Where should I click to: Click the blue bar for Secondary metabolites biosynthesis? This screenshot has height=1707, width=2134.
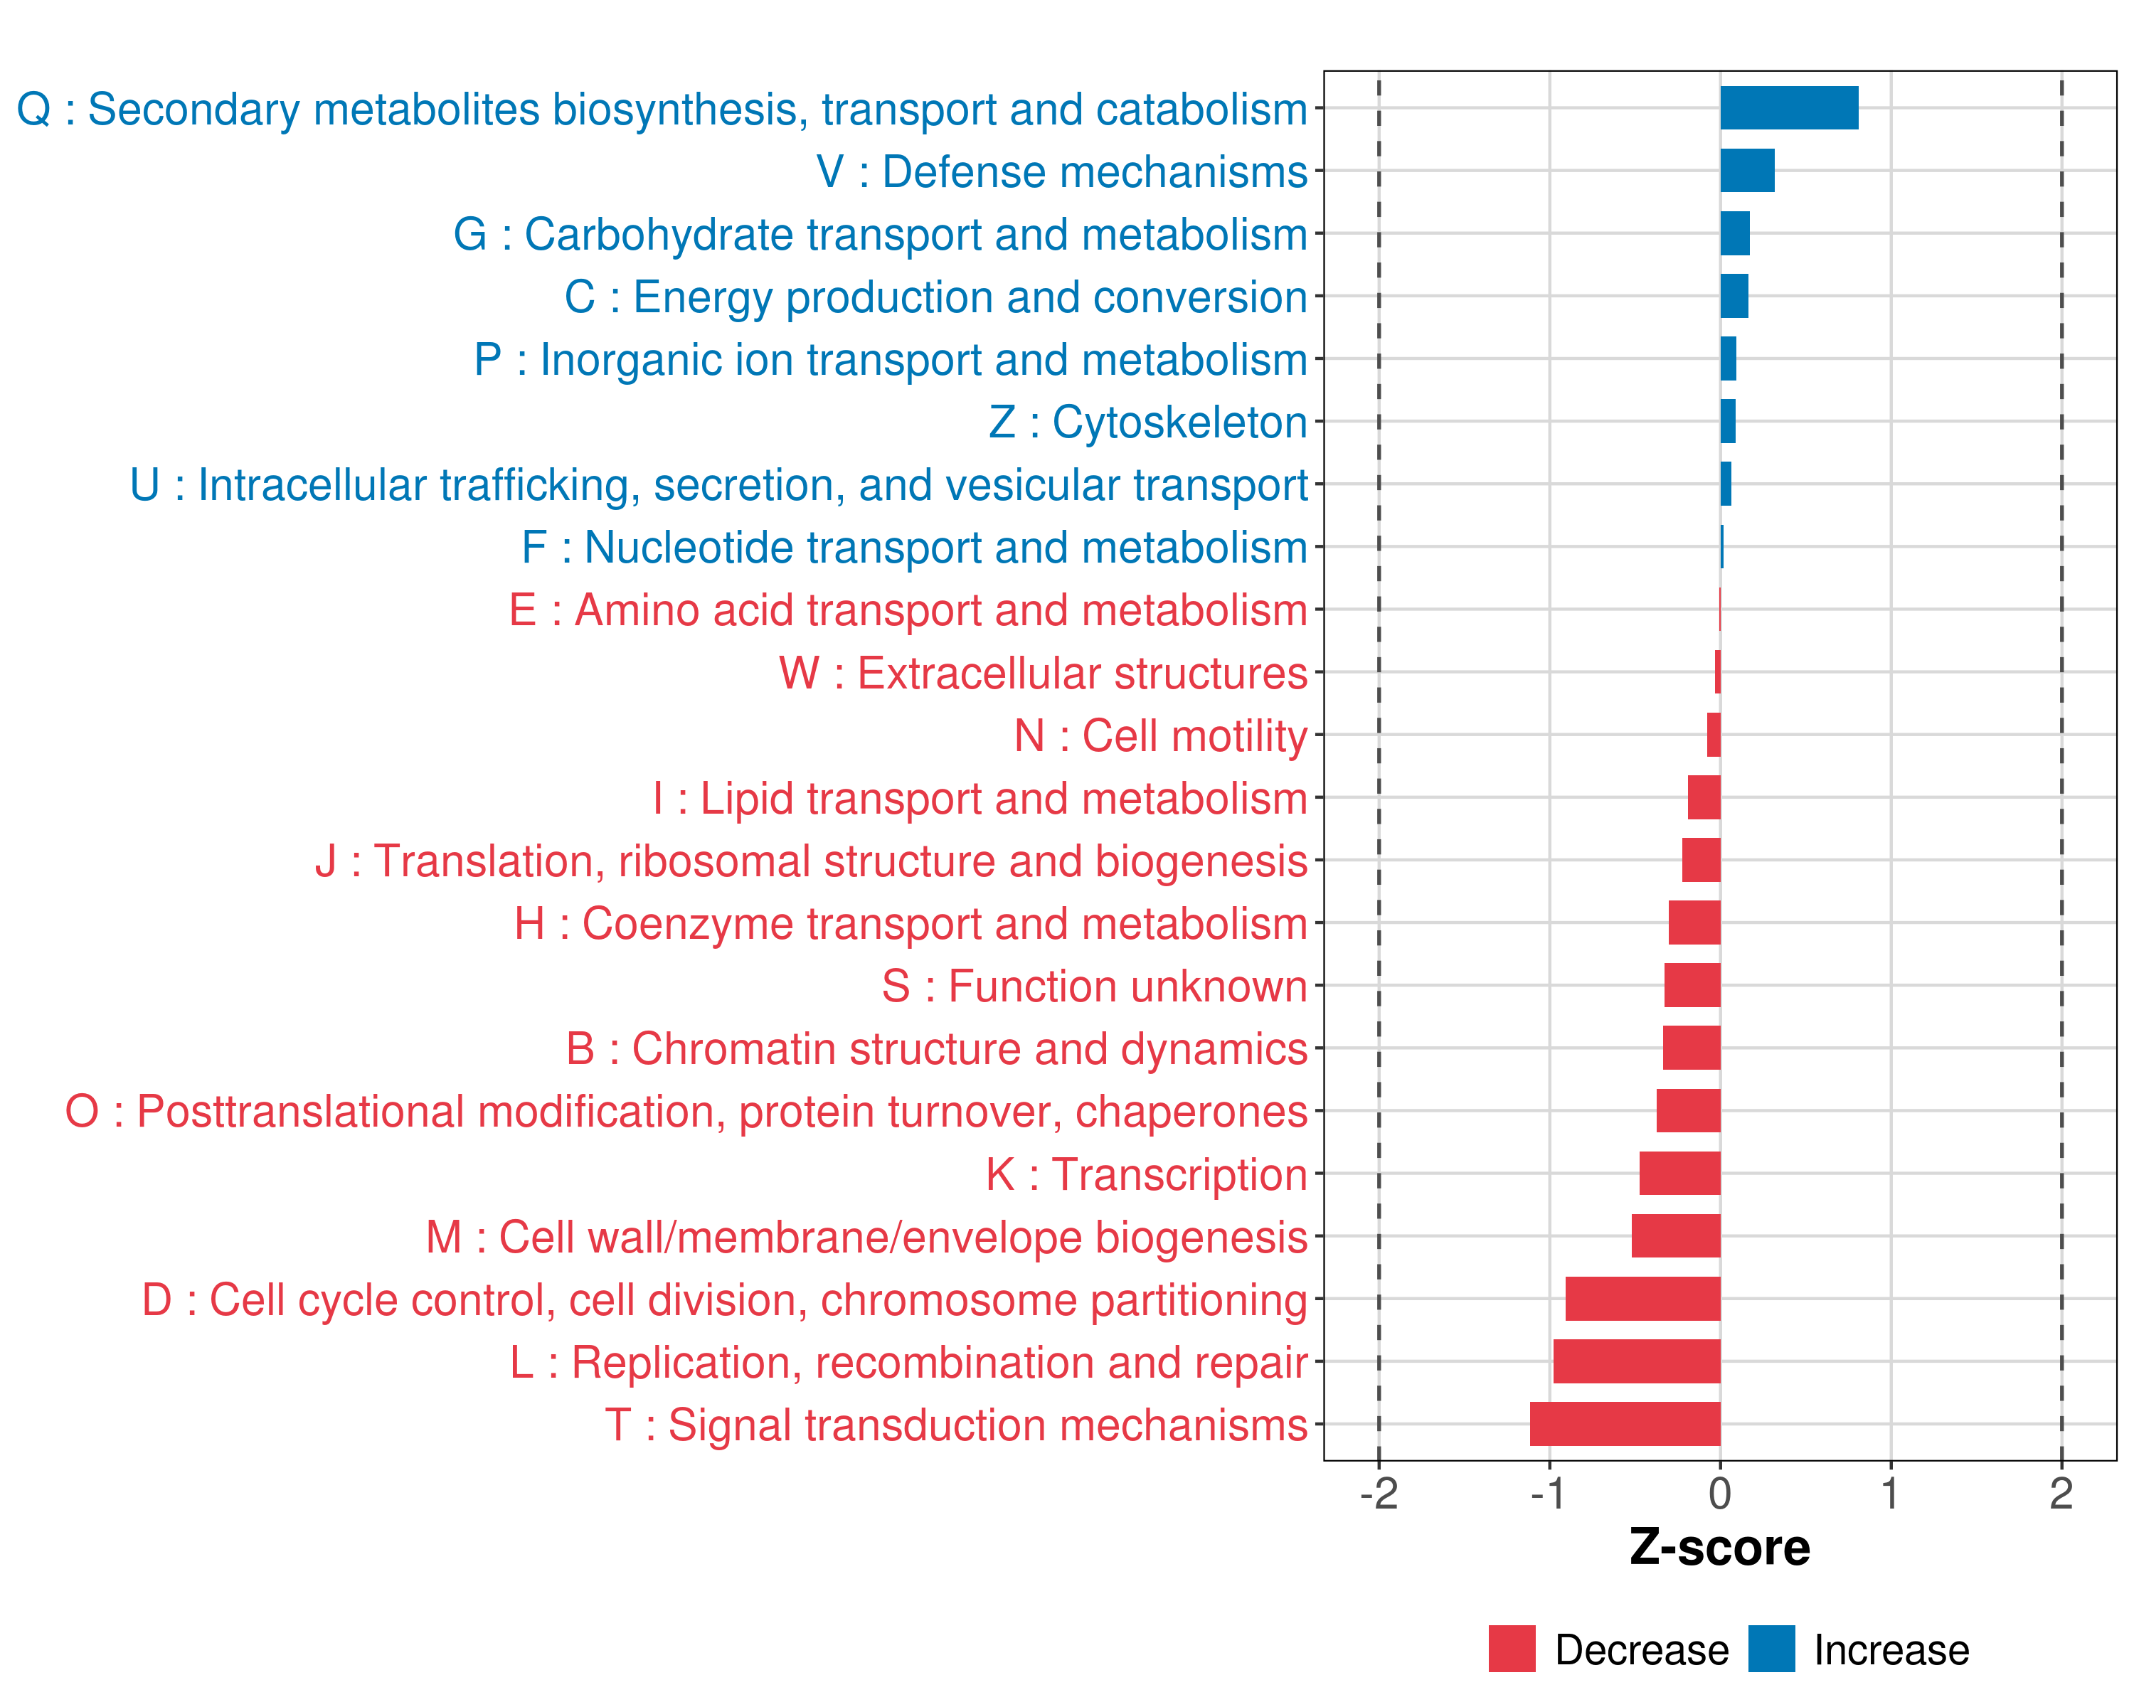click(x=1788, y=108)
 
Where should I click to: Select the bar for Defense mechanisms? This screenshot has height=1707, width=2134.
click(x=1747, y=170)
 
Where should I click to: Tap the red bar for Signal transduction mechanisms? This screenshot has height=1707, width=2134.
click(x=1625, y=1423)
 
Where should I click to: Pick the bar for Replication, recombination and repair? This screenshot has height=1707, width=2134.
click(x=1636, y=1361)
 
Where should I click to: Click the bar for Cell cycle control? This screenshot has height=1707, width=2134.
click(x=1643, y=1298)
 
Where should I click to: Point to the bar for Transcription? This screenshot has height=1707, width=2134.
click(x=1679, y=1173)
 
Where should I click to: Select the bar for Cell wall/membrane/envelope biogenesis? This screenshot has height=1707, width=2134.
click(x=1676, y=1236)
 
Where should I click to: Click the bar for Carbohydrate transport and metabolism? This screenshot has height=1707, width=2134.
click(x=1734, y=233)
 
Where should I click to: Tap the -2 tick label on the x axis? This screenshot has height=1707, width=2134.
click(x=1379, y=1493)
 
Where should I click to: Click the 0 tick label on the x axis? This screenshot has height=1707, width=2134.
click(x=1720, y=1493)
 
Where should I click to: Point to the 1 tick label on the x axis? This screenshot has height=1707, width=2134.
click(x=1891, y=1493)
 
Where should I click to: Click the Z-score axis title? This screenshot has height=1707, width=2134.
click(x=1720, y=1547)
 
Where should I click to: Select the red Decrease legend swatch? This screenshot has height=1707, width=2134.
click(x=1512, y=1649)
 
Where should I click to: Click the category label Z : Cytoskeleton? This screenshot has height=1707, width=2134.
click(x=1148, y=422)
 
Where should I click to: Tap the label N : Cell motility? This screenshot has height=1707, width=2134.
click(x=1161, y=736)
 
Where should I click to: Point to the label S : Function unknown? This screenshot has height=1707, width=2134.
click(x=1095, y=987)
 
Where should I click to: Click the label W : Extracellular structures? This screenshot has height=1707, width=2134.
click(x=1044, y=674)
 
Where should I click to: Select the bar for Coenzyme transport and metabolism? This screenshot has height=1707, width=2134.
click(x=1694, y=922)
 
